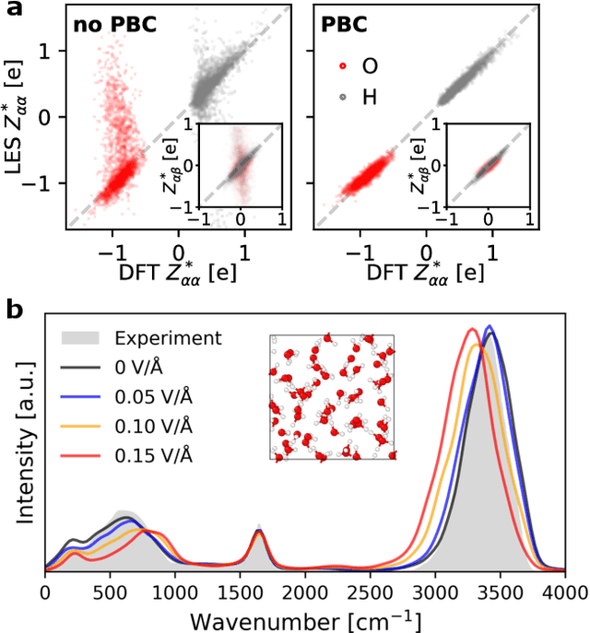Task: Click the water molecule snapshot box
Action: pyautogui.click(x=333, y=397)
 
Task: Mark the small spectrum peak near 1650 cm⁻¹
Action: pyautogui.click(x=259, y=533)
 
